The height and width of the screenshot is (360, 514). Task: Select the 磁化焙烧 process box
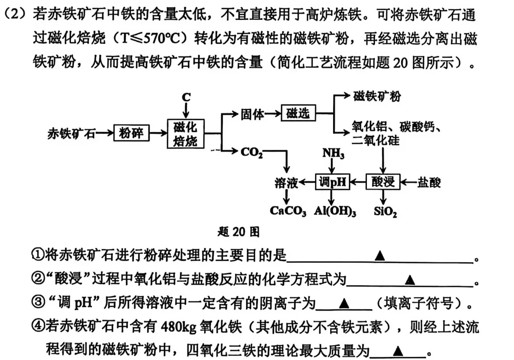[x=186, y=134]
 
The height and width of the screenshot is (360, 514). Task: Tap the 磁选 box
[x=298, y=113]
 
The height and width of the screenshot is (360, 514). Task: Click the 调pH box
[x=332, y=182]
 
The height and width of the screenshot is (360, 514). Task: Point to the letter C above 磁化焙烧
[x=186, y=98]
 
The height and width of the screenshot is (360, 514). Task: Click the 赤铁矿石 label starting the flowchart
[x=71, y=133]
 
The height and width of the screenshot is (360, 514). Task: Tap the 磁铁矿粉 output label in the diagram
[x=376, y=96]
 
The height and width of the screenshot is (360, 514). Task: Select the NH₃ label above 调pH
[x=333, y=153]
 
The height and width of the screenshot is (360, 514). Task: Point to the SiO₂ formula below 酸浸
[x=385, y=211]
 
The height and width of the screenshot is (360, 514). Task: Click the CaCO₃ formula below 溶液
[x=288, y=211]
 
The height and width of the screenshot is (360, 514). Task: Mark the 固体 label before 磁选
[x=252, y=114]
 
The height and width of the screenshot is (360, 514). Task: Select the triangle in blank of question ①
[x=379, y=256]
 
